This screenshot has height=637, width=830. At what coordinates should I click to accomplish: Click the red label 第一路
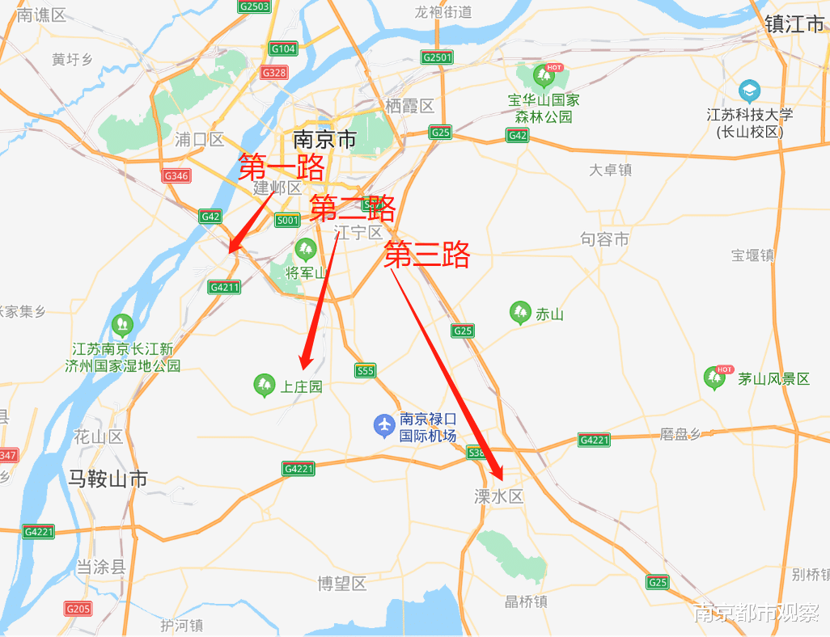click(x=282, y=168)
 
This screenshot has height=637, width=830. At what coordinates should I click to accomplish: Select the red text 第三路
click(x=426, y=255)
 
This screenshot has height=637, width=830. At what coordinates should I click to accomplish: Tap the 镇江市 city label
click(x=794, y=23)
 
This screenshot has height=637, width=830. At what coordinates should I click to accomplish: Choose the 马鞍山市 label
click(x=108, y=479)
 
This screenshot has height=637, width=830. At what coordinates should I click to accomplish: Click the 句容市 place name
click(x=604, y=239)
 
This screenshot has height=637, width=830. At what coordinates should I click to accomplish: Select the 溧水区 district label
click(x=499, y=496)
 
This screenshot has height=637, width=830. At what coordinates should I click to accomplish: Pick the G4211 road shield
click(x=224, y=287)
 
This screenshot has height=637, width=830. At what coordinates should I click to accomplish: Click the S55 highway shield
click(x=365, y=370)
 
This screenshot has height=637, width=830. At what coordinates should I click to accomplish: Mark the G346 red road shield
click(x=176, y=175)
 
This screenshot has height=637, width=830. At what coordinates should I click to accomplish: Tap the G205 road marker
click(x=78, y=609)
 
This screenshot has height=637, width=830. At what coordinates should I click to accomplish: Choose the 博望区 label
click(x=342, y=583)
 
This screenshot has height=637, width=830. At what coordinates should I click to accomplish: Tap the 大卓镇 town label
click(x=610, y=170)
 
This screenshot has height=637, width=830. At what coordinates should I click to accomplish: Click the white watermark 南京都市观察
click(x=756, y=613)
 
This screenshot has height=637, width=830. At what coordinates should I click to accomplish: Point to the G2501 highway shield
click(x=438, y=57)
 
